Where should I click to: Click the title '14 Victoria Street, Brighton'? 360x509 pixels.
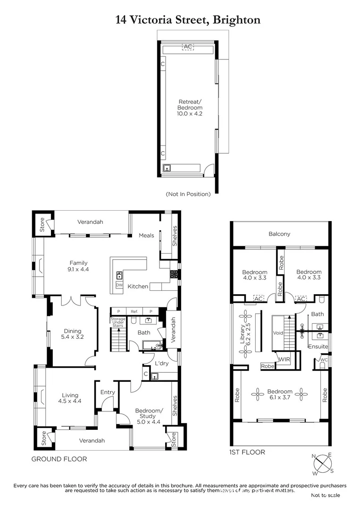point(188,20)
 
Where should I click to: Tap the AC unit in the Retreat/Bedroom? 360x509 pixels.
point(188,47)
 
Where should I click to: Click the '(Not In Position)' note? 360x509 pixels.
point(188,194)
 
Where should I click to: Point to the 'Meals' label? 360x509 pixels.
point(146,235)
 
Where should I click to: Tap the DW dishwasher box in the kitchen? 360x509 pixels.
point(119,285)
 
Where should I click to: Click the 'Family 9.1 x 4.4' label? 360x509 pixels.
point(78,266)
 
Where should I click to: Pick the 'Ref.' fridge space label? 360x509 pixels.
point(134,311)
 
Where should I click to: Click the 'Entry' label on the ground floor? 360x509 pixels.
point(108,392)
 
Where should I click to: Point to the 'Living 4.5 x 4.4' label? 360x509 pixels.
point(69,399)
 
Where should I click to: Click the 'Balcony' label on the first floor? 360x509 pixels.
point(279,234)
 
